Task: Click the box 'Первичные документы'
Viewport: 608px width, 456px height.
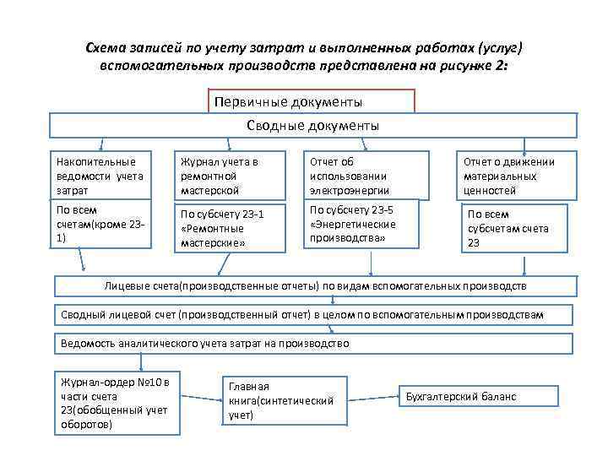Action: click(x=312, y=101)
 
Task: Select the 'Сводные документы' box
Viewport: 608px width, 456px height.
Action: click(x=313, y=126)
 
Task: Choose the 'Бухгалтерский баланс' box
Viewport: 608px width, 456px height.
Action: click(x=478, y=396)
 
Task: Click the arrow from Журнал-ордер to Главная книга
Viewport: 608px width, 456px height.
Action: click(x=201, y=401)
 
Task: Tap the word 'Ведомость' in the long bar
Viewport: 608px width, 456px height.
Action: click(x=90, y=344)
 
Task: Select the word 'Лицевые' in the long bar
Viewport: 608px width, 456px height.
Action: click(x=126, y=286)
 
